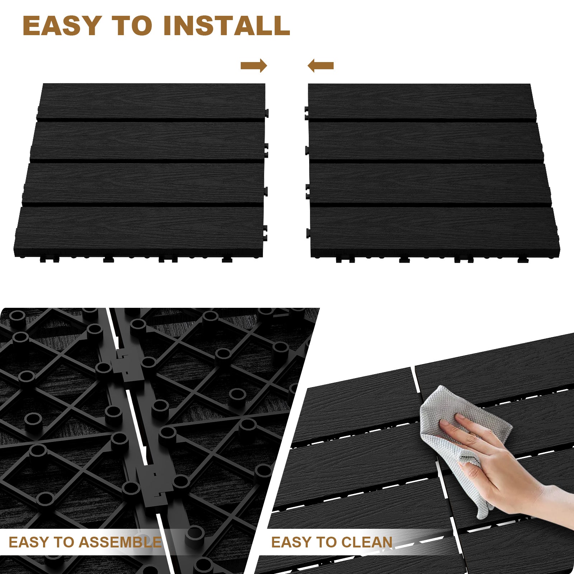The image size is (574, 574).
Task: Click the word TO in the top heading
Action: tap(132, 25)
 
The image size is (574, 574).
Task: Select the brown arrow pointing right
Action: tap(254, 66)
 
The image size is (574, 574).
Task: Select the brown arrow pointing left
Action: tap(321, 66)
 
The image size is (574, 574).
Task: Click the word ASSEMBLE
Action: tap(118, 542)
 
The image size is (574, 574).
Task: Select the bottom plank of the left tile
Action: tap(139, 230)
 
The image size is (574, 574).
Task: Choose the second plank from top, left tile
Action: tap(148, 141)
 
